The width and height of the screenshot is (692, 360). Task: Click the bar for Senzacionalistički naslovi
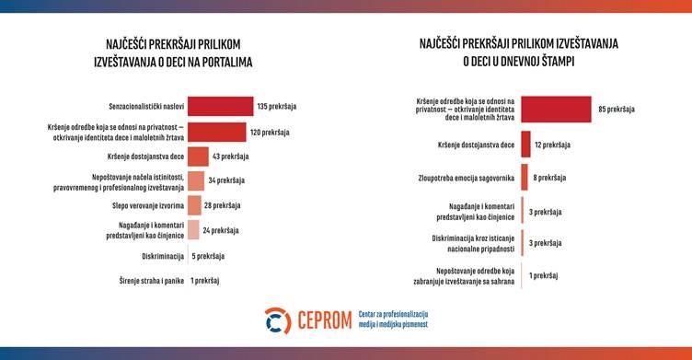click(220, 107)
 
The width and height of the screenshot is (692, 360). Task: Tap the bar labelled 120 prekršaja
click(216, 132)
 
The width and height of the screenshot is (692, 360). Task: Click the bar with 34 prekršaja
click(195, 181)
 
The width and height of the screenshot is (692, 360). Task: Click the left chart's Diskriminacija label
click(161, 256)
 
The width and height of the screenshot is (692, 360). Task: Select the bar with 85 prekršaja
click(556, 110)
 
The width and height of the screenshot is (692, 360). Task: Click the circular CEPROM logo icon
click(277, 321)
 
